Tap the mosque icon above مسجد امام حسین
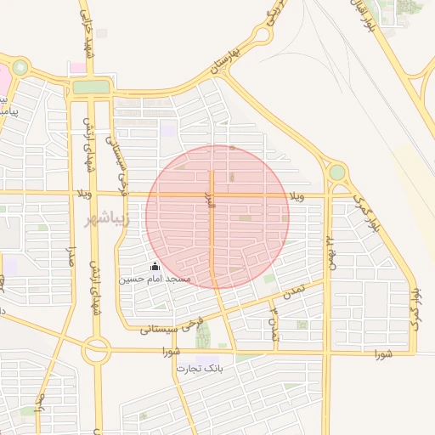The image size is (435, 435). tap(155, 267)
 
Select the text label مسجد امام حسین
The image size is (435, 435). tap(155, 279)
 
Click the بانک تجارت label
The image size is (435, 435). tap(198, 369)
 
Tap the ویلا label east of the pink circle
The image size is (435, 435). tap(296, 196)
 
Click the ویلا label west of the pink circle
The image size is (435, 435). tap(82, 194)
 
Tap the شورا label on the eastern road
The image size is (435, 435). tap(381, 353)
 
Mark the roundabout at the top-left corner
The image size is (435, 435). tap(20, 67)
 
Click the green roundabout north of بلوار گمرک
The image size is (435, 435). tap(337, 172)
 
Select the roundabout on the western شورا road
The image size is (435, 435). tap(97, 349)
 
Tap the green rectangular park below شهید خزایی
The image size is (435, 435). tap(91, 87)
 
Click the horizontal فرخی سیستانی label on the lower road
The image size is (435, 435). tap(172, 326)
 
